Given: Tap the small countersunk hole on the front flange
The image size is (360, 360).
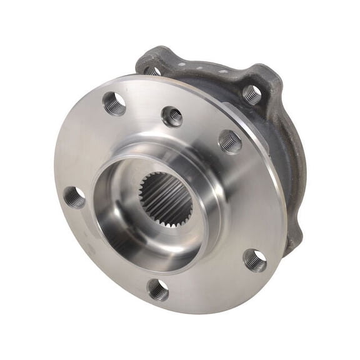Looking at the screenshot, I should pos(172,116).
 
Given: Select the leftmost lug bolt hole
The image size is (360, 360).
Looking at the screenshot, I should pos(74,197).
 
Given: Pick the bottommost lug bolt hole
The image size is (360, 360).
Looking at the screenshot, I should pos(157,289).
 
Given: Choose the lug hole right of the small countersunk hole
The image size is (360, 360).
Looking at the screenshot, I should pos(230,141).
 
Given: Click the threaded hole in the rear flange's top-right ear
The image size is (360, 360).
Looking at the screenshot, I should pos(251,94).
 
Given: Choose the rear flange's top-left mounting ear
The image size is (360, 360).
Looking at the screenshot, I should pos(150,59).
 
